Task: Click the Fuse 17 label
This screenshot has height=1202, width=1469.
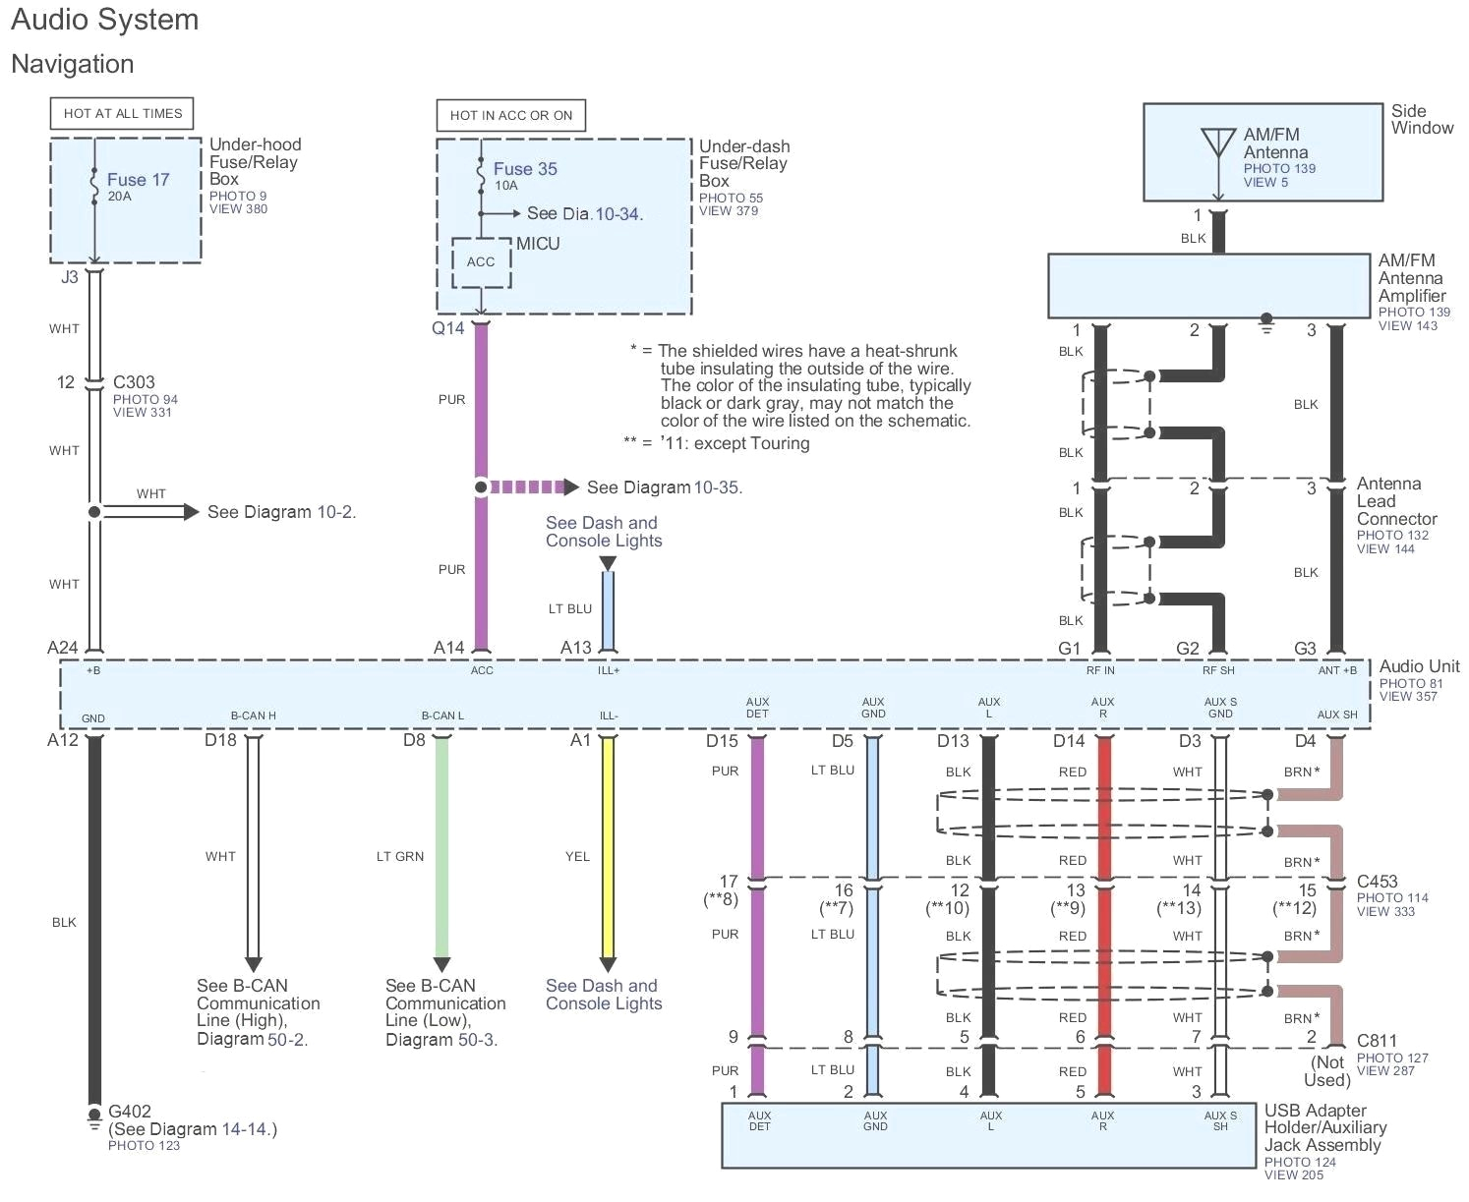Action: (x=138, y=180)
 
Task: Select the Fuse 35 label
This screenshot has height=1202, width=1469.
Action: (x=525, y=169)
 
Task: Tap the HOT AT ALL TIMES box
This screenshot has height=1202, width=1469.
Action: (x=123, y=114)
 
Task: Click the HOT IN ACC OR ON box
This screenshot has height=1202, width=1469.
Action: (x=510, y=115)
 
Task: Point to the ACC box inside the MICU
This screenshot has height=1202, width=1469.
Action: (x=481, y=262)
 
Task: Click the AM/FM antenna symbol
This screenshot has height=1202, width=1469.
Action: (x=1218, y=143)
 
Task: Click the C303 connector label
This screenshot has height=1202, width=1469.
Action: (x=134, y=382)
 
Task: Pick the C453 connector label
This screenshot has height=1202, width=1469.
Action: (x=1377, y=882)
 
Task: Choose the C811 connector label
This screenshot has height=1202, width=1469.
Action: (x=1377, y=1041)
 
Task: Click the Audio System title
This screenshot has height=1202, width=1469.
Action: (x=105, y=21)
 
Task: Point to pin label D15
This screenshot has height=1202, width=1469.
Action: (x=722, y=741)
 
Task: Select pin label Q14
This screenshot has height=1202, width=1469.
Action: (x=447, y=328)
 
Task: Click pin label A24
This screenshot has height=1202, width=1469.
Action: (x=63, y=648)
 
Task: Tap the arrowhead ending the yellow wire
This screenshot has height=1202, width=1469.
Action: (x=608, y=964)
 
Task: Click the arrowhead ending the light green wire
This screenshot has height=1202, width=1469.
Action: (x=441, y=964)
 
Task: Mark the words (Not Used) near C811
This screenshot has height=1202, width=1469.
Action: (x=1327, y=1071)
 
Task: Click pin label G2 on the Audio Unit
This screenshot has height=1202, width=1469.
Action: (x=1188, y=649)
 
